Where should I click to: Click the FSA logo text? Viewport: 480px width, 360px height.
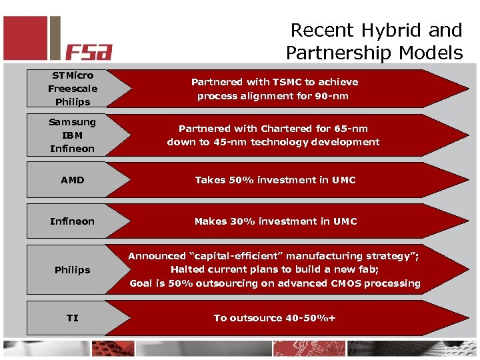89,51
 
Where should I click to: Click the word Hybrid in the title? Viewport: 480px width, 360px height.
399,30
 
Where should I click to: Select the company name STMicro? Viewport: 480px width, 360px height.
72,75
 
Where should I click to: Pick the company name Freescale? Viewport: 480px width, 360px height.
72,89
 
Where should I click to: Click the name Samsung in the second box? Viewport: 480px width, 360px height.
72,122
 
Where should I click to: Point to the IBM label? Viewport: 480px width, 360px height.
72,135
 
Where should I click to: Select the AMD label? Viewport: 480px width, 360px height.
72,180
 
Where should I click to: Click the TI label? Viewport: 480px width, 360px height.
72,318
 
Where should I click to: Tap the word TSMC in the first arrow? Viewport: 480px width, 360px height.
287,82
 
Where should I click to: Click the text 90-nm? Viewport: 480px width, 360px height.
331,96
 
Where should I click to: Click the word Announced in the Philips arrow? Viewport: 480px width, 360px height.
157,256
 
